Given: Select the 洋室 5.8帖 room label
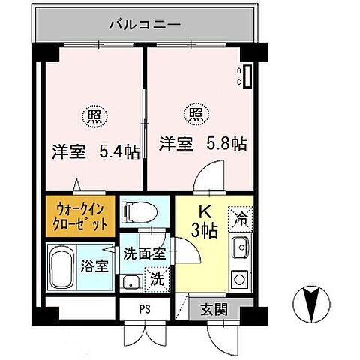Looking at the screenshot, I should (202, 142).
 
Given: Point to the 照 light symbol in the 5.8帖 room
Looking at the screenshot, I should (193, 113).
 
